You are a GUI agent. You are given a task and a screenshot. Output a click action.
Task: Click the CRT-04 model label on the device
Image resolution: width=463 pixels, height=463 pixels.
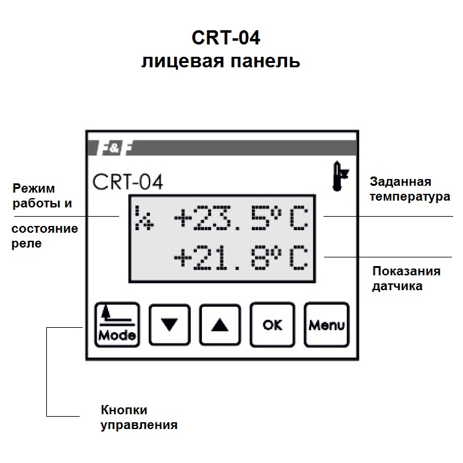tap(128, 181)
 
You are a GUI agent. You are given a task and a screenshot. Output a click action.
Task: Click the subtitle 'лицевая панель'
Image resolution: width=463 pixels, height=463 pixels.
tap(220, 62)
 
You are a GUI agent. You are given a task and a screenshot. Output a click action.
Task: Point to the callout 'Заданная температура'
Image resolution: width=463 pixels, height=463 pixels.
tap(409, 189)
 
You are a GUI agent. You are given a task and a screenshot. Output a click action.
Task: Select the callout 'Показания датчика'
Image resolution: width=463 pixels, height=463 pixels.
tap(406, 278)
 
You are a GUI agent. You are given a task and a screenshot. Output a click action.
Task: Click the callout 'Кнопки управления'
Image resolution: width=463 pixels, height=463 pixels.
tap(139, 417)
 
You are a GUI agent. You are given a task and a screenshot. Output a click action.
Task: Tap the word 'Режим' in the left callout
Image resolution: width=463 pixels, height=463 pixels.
tap(34, 188)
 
